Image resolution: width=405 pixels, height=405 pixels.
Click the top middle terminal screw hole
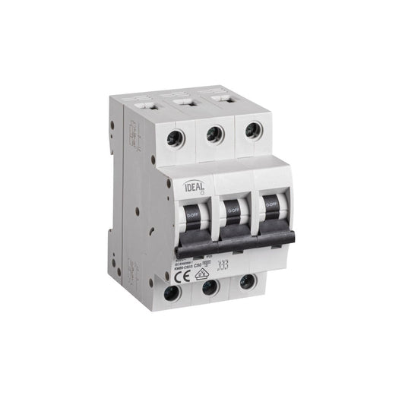point(215,134)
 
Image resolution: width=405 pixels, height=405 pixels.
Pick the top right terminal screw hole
point(250,130)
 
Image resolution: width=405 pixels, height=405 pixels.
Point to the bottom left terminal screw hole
point(173,292)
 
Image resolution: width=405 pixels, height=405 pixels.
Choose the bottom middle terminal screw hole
point(210,287)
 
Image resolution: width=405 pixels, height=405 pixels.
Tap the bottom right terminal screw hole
point(246,282)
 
